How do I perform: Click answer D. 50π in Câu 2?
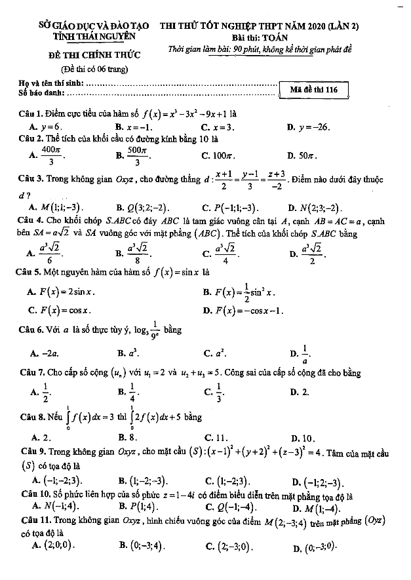[x=301, y=156]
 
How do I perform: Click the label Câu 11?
[x=35, y=520]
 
